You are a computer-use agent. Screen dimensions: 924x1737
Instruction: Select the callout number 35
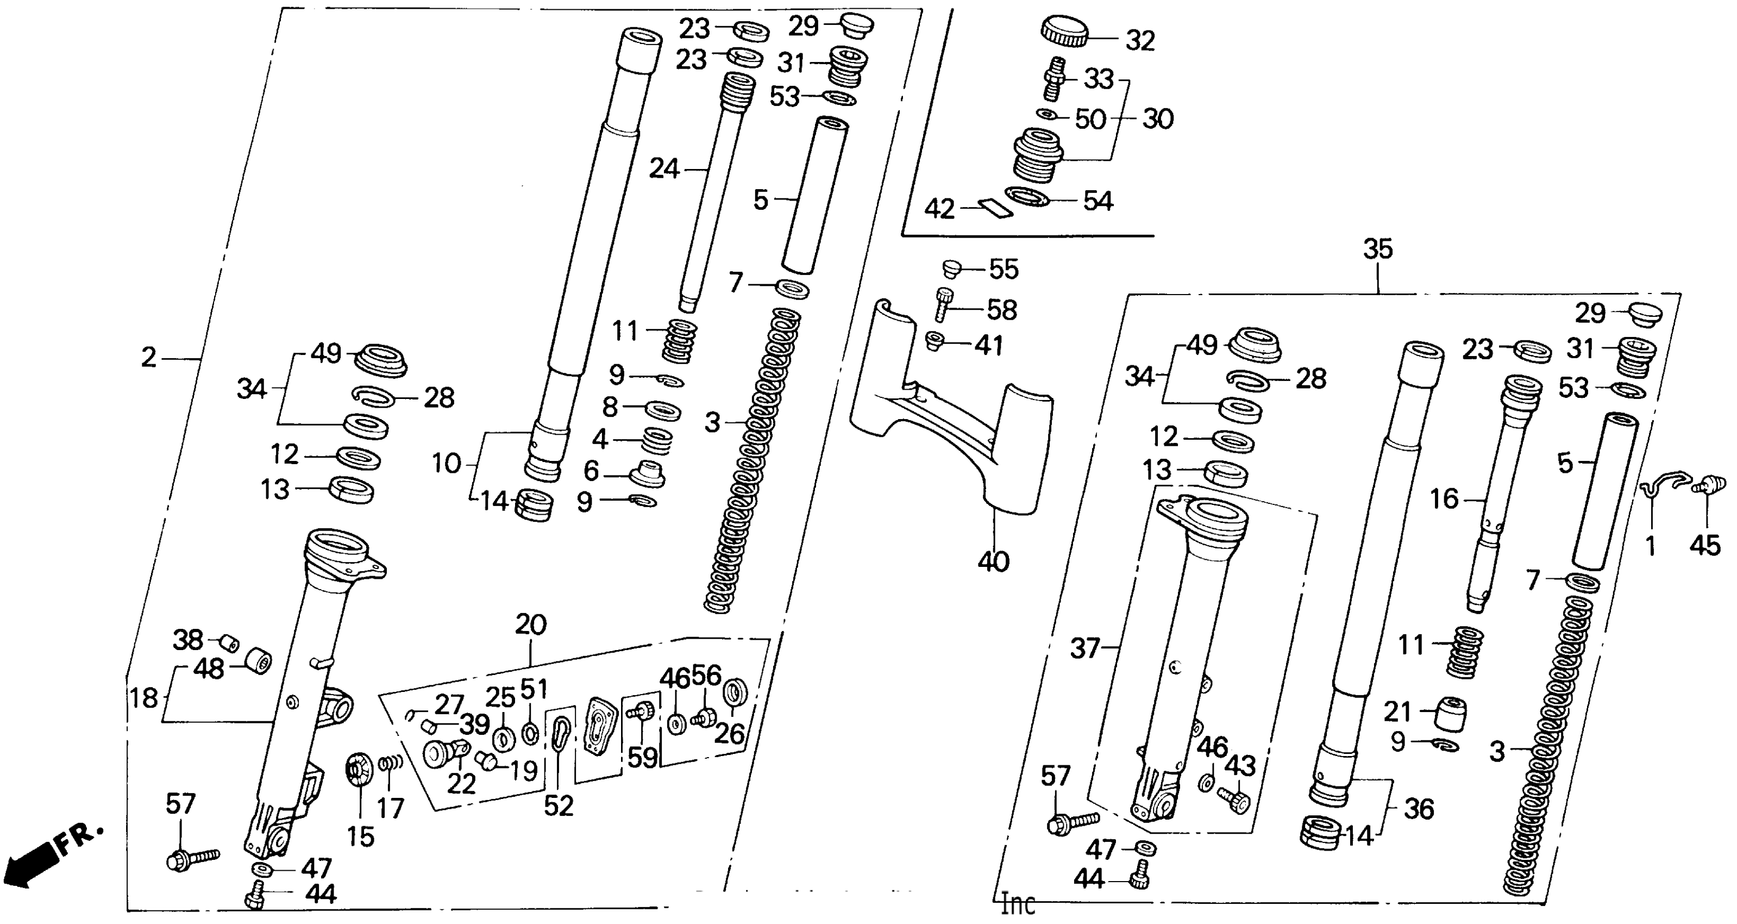[x=1378, y=249]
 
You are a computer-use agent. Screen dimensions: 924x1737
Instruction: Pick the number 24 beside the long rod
[x=663, y=168]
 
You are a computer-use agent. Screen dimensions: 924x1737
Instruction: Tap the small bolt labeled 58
[x=943, y=304]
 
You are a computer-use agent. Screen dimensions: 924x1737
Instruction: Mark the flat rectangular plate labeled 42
[x=996, y=208]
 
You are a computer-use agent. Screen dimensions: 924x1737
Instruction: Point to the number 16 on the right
[x=1444, y=499]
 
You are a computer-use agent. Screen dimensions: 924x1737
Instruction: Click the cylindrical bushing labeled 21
[x=1449, y=714]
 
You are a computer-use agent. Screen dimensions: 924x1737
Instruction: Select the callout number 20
[x=531, y=625]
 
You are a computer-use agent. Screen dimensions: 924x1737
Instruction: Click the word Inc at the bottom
[x=1018, y=904]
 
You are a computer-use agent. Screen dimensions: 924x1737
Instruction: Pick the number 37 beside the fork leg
[x=1085, y=649]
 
